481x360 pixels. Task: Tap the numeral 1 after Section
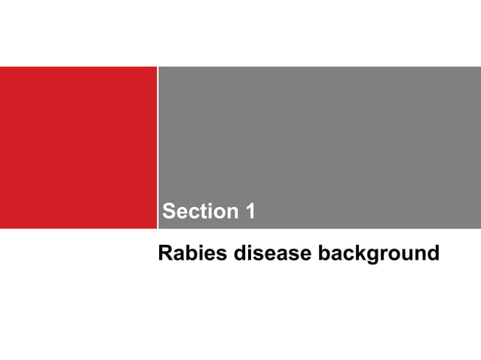(250, 212)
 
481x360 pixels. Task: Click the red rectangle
(78, 147)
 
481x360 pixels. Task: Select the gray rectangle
(319, 136)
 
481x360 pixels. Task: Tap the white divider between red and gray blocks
(158, 147)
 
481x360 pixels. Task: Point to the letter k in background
(365, 253)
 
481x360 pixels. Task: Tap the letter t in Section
(204, 212)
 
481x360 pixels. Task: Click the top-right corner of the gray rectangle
(479, 67)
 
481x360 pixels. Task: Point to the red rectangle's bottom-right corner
(155, 227)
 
